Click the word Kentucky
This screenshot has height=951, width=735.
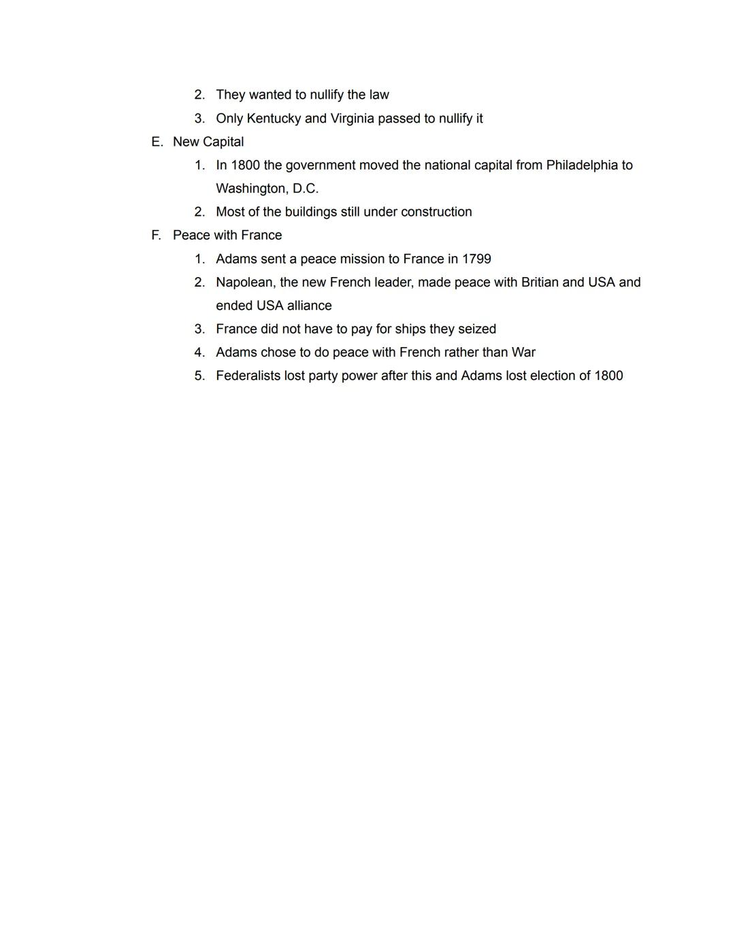click(x=273, y=118)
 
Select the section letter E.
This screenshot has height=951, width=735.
click(x=157, y=142)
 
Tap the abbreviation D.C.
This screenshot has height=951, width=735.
click(x=306, y=189)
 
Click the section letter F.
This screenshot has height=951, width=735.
click(x=156, y=236)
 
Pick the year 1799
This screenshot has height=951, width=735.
click(x=476, y=259)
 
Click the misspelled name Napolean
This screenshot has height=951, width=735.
click(x=244, y=283)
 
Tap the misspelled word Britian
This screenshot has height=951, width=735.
click(x=540, y=283)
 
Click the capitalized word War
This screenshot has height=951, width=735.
click(x=523, y=353)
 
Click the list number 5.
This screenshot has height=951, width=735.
click(x=199, y=376)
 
